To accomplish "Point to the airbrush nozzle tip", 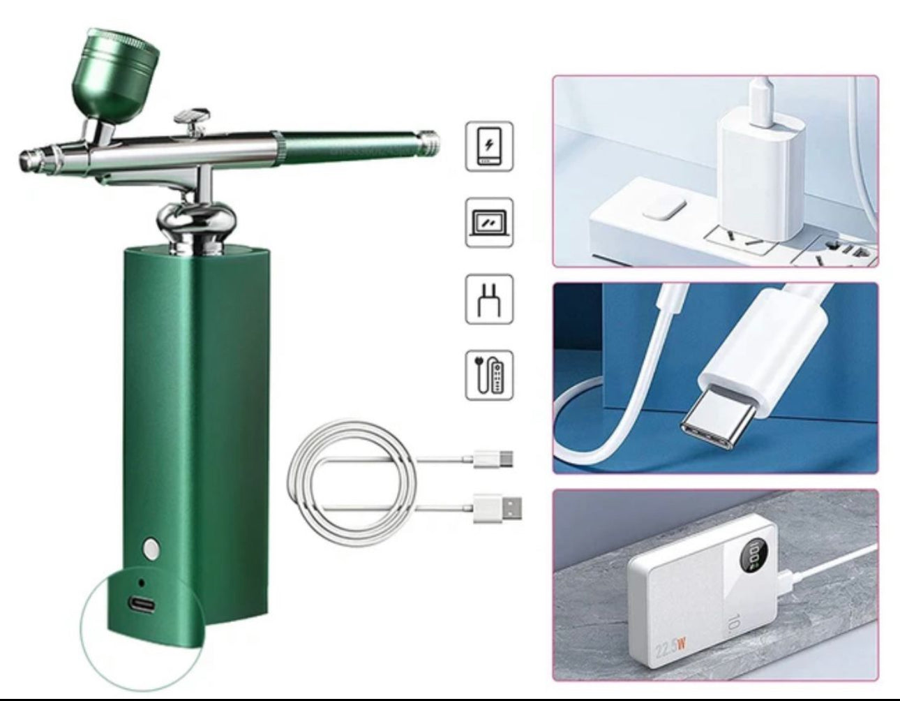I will (24, 158).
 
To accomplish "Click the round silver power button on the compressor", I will (149, 548).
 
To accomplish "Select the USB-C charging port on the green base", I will (142, 603).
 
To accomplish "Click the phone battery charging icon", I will (489, 147).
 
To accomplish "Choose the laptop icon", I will (489, 223).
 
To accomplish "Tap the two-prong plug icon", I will (489, 299).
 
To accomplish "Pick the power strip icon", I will (489, 375).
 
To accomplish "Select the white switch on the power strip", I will (660, 209).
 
